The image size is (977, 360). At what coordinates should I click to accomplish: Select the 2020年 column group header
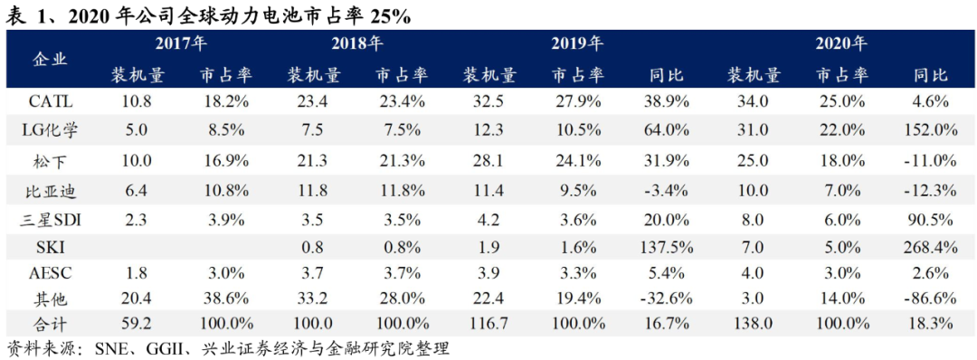pyautogui.click(x=841, y=43)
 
